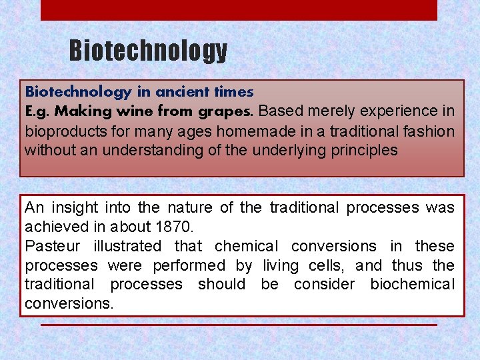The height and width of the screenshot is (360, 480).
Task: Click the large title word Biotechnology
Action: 148,51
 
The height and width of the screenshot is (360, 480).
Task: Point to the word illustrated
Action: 127,246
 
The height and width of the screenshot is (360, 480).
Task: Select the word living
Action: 281,265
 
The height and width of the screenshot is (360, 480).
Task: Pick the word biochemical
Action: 412,284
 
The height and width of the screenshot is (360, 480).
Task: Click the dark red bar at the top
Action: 239,9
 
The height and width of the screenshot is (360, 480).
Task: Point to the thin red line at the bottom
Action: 239,325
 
